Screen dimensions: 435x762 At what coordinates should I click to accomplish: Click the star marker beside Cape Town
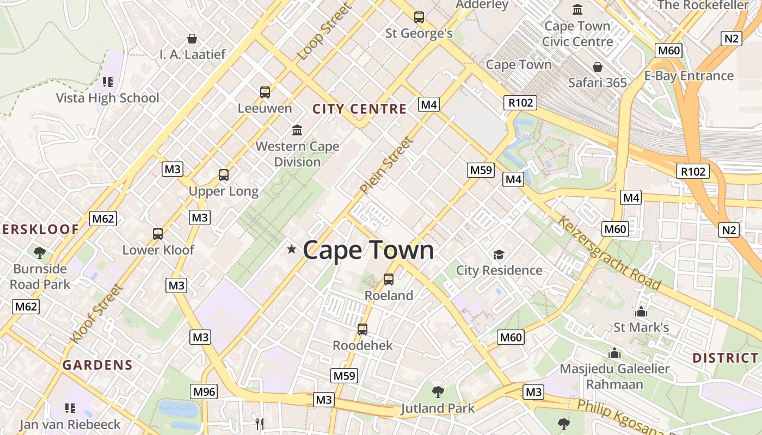[292, 250]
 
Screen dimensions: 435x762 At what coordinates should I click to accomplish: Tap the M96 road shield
[204, 391]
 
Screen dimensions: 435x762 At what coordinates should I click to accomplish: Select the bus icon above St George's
[419, 17]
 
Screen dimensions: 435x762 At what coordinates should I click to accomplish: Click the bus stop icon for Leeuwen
[265, 92]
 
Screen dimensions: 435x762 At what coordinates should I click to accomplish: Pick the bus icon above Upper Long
[224, 175]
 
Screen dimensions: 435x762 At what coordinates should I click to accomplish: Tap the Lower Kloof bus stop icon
[158, 234]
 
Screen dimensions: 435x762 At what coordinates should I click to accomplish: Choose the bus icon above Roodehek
[362, 330]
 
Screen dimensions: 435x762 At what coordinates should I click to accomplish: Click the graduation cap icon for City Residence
[499, 254]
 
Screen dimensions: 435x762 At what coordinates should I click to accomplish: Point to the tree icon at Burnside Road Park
[39, 252]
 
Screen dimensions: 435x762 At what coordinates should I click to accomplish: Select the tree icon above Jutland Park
[438, 391]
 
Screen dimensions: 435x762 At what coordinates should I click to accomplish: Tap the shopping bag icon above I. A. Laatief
[192, 39]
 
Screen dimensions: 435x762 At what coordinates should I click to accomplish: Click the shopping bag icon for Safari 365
[598, 67]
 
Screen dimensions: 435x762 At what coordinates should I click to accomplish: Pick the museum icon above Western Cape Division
[297, 130]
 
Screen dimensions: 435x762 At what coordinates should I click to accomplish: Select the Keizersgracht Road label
[610, 253]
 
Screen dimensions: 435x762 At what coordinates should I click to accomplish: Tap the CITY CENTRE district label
[359, 109]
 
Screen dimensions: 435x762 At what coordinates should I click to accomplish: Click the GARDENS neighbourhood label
[97, 365]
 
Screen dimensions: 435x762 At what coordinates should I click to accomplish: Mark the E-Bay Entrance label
[689, 76]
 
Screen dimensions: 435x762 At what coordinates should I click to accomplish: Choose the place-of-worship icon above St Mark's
[641, 312]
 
